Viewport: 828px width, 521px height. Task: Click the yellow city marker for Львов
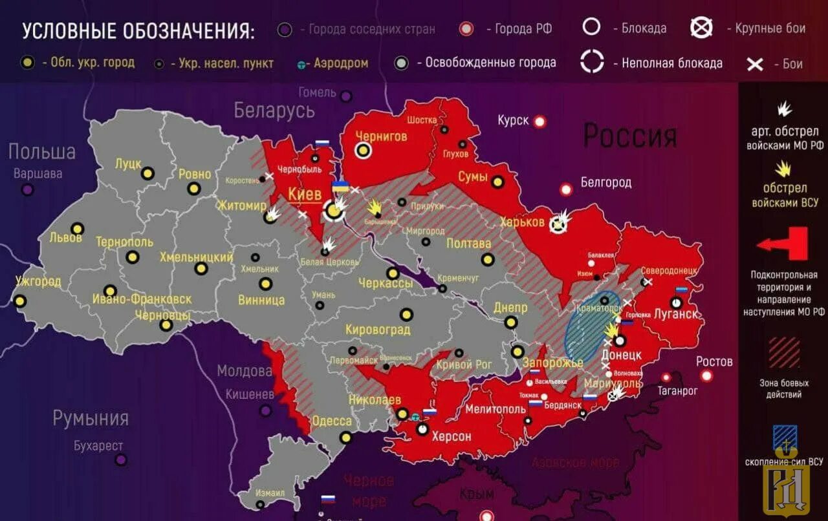click(x=78, y=229)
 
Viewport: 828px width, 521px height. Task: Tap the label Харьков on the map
click(x=522, y=222)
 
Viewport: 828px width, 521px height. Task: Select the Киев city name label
click(x=305, y=195)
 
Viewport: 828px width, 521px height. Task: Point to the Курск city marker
click(x=539, y=121)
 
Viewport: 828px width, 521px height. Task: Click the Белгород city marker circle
click(x=566, y=189)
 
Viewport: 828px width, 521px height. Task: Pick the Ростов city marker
click(x=706, y=376)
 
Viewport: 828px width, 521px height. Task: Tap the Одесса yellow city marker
click(x=345, y=437)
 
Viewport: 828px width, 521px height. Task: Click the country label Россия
click(x=630, y=136)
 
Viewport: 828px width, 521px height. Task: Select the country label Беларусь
click(x=274, y=111)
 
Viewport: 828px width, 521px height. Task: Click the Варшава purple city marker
click(x=27, y=190)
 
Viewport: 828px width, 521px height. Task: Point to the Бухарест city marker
click(x=121, y=460)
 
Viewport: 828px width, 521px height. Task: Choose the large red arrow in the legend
click(x=783, y=244)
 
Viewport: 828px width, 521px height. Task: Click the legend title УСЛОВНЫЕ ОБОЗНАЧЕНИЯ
click(x=138, y=30)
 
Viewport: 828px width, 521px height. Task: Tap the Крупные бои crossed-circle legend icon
click(x=701, y=28)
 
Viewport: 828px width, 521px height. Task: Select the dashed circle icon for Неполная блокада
click(x=591, y=62)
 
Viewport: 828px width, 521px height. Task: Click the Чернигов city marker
click(x=364, y=151)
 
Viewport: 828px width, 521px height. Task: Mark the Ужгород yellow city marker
click(x=20, y=301)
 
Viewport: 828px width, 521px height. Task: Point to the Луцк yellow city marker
click(x=147, y=173)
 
